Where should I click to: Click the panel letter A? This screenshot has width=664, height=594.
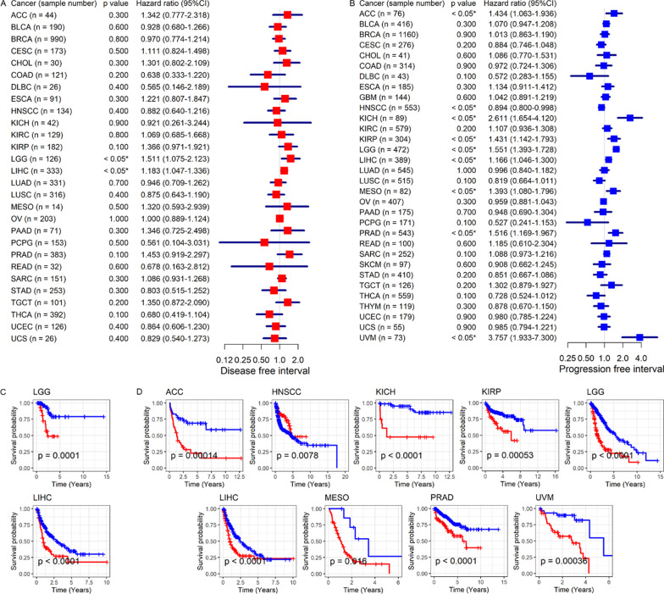5,5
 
